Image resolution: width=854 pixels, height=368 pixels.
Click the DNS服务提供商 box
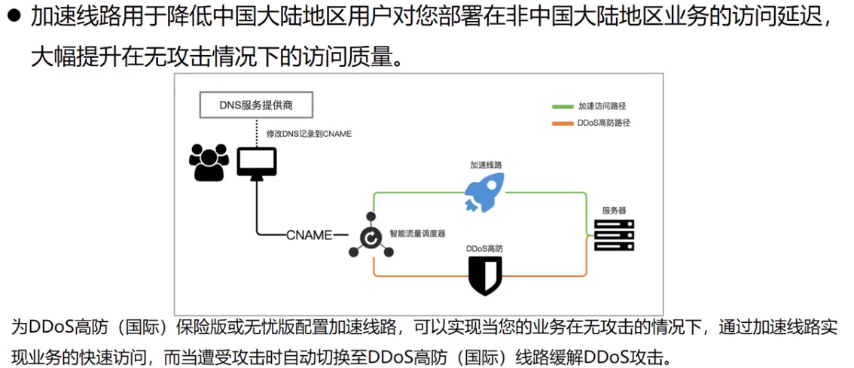256,105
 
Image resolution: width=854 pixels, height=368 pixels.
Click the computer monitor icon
257,163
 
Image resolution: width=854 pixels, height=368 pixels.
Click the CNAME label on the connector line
310,235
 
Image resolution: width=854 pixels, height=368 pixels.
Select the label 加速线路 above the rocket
486,164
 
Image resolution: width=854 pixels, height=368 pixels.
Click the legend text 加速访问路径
602,107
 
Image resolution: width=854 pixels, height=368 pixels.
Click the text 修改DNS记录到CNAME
309,133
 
